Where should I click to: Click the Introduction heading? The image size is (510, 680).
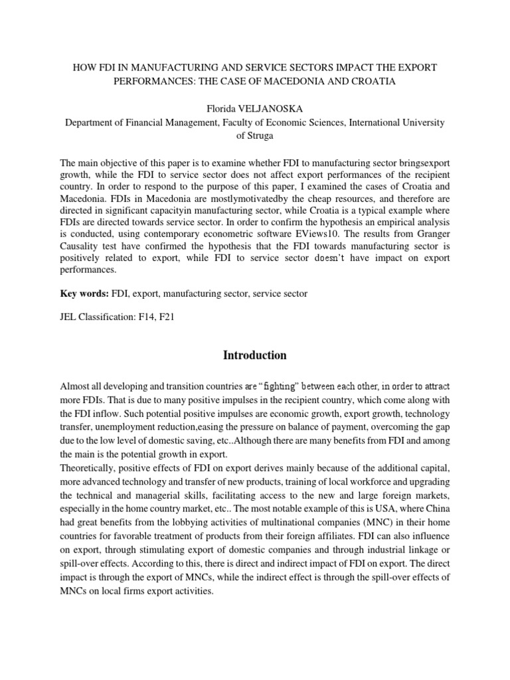point(255,355)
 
